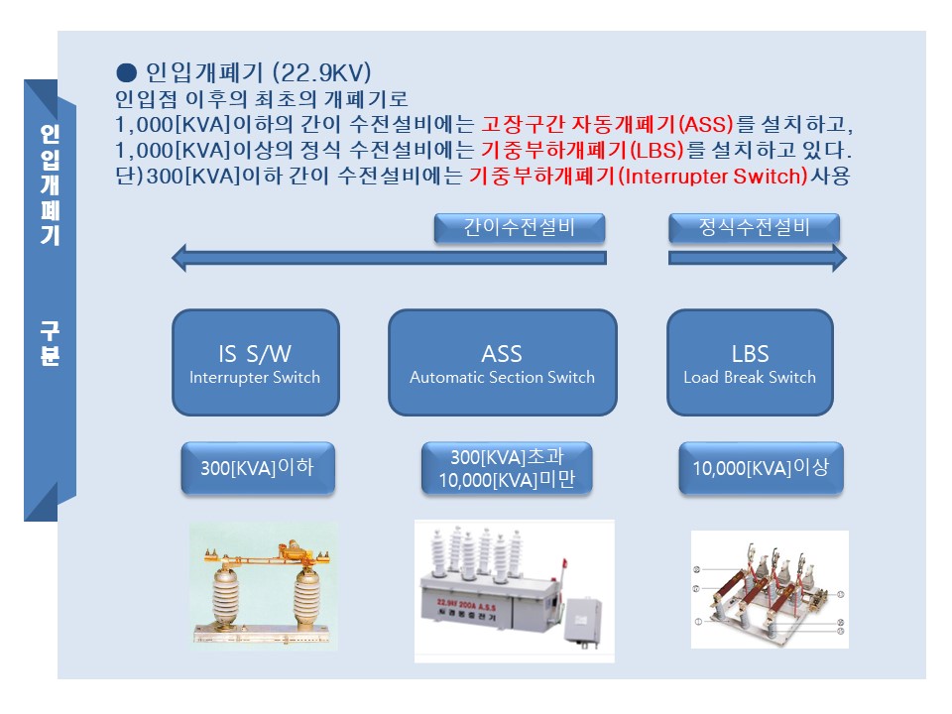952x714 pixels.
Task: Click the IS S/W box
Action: (x=255, y=363)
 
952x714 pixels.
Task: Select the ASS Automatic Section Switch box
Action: (x=502, y=363)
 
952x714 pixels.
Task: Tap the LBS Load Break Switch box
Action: (x=750, y=363)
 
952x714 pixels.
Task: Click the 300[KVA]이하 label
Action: (x=257, y=468)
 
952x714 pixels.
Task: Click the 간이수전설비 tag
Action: (x=519, y=227)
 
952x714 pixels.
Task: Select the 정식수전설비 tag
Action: (x=754, y=227)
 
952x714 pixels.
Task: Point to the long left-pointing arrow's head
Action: (x=180, y=259)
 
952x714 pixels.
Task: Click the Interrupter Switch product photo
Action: (x=264, y=587)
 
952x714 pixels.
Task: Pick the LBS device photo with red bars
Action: (x=770, y=589)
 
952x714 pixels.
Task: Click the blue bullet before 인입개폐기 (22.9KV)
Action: (x=126, y=72)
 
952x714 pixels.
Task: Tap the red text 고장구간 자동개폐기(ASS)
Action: (x=607, y=127)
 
